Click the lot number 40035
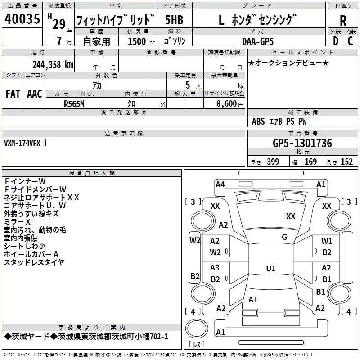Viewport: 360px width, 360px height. (x=22, y=19)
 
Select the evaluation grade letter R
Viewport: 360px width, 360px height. (x=343, y=21)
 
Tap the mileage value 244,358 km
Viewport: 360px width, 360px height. (x=53, y=64)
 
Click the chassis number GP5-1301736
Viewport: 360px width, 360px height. (x=302, y=143)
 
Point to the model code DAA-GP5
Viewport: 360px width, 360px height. (x=257, y=41)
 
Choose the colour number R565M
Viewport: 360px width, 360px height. (x=75, y=103)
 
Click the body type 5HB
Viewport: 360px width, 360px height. (x=174, y=20)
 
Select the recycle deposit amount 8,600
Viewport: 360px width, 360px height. (x=226, y=103)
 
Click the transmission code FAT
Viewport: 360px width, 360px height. (x=13, y=94)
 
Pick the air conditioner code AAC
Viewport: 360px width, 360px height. (x=34, y=94)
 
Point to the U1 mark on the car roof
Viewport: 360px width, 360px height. (x=270, y=269)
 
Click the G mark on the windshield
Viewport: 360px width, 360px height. (x=284, y=237)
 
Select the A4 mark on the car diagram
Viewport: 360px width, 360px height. (x=220, y=184)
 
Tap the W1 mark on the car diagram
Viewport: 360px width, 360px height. (x=327, y=241)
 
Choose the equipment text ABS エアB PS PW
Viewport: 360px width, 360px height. (x=279, y=121)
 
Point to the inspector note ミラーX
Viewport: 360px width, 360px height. (x=17, y=222)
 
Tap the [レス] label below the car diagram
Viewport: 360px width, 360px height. (x=197, y=345)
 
